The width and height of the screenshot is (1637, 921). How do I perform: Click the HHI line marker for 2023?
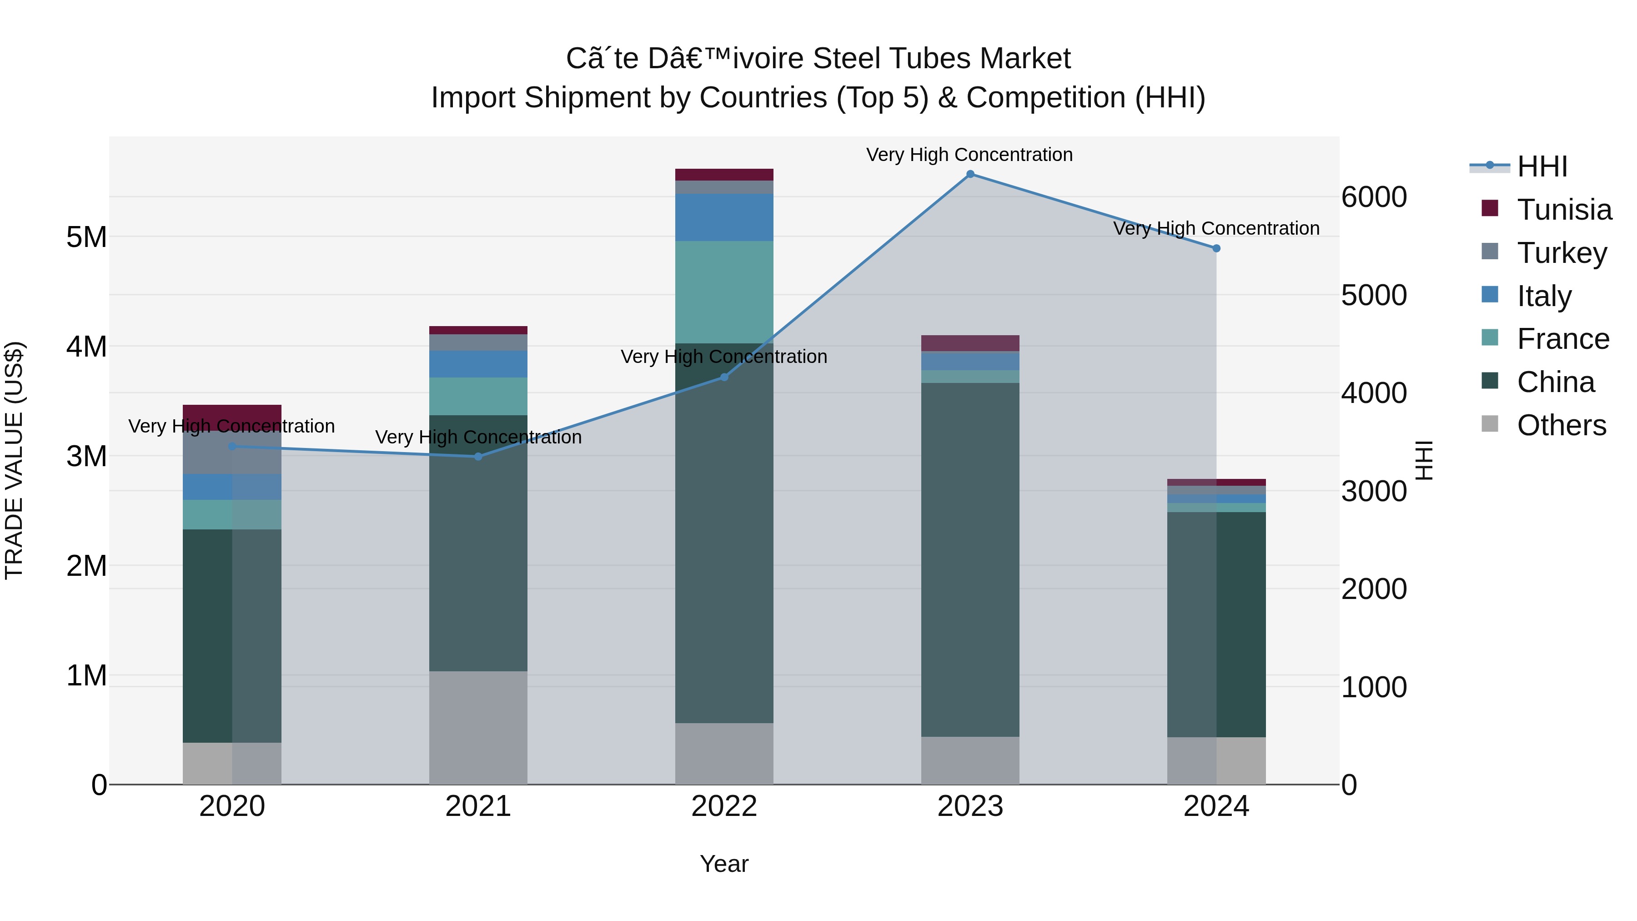point(970,174)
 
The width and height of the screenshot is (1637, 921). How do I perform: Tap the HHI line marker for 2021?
point(478,456)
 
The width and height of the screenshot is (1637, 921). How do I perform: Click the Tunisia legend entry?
point(1563,210)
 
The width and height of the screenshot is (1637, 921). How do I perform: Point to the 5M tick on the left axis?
point(86,237)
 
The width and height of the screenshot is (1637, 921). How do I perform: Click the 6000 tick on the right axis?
point(1374,197)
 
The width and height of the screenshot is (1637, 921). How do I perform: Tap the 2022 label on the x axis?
point(724,806)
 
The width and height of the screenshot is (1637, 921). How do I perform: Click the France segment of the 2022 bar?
point(724,292)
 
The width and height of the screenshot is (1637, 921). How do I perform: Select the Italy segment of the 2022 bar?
point(724,217)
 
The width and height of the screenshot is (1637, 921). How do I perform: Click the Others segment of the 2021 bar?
point(478,728)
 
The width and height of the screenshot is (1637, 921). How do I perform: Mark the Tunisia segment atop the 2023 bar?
point(970,343)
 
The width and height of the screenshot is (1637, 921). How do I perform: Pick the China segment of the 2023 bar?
point(970,559)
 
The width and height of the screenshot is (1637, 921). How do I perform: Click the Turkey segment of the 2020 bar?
point(232,453)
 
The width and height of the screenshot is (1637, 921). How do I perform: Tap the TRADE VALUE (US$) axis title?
point(14,460)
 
